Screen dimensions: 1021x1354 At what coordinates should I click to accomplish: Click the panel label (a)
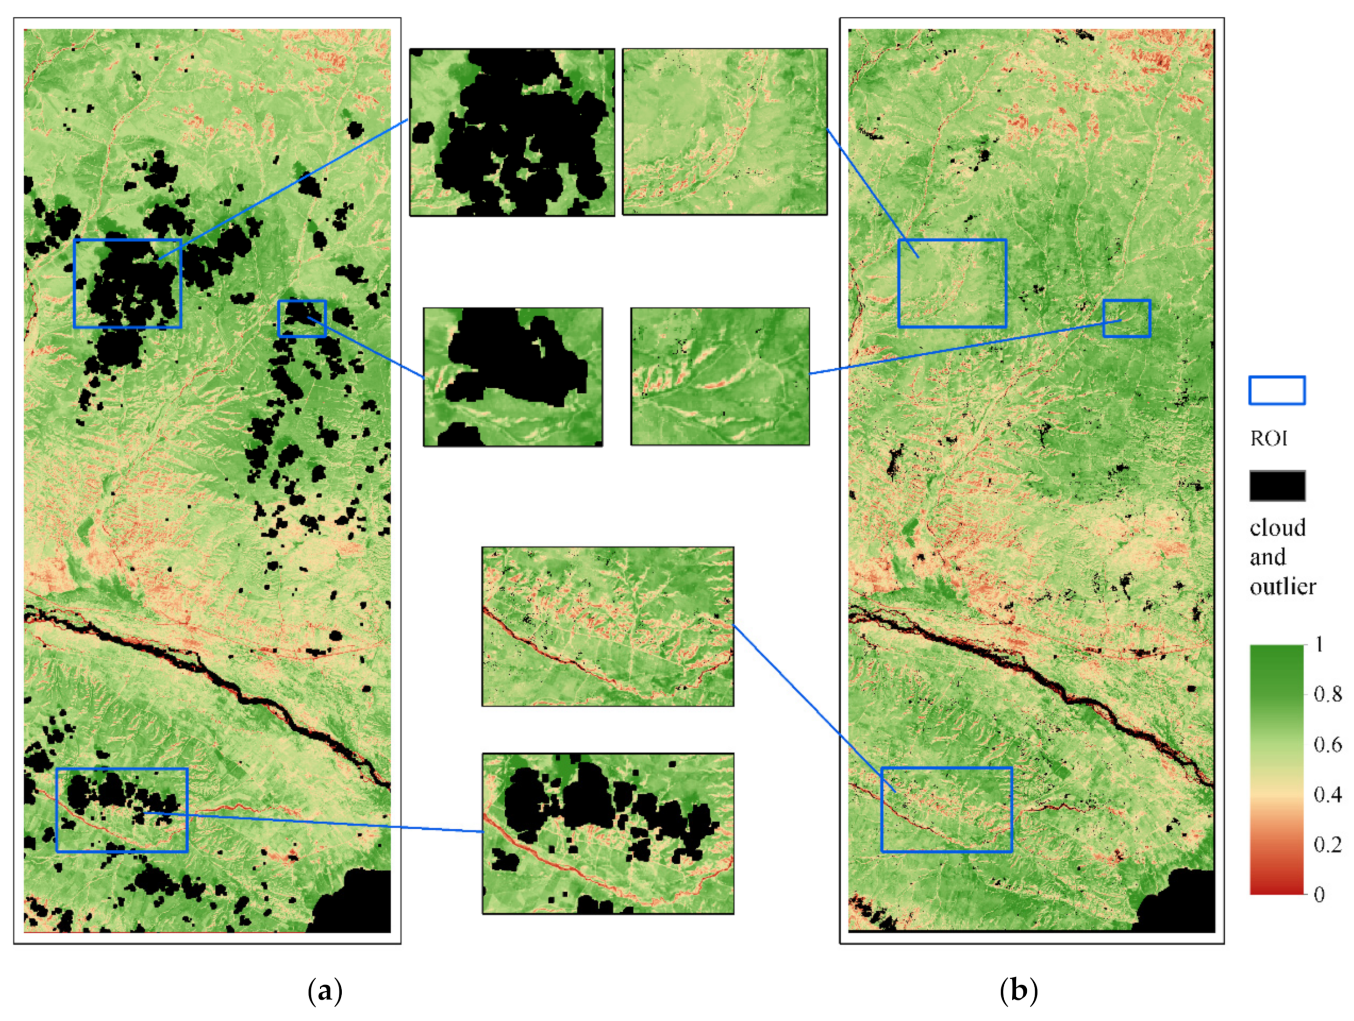point(324,990)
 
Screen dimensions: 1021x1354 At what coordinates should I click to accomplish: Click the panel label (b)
point(1019,990)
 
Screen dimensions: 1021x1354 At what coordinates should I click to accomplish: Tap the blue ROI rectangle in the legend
point(1277,390)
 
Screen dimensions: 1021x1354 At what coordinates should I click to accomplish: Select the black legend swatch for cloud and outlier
point(1277,486)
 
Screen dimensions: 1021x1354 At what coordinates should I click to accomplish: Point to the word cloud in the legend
point(1277,527)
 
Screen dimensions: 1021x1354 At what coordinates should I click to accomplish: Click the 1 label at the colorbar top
point(1320,644)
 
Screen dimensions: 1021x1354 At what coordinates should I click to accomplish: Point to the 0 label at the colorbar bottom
point(1320,895)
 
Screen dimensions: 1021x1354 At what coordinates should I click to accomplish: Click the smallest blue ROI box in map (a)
point(302,318)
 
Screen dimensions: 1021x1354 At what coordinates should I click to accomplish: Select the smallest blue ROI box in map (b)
point(1126,318)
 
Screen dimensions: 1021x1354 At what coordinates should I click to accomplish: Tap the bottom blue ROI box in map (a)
point(122,810)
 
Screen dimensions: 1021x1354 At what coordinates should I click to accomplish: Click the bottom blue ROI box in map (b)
point(946,809)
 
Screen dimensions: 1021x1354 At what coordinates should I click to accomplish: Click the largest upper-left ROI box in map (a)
point(127,283)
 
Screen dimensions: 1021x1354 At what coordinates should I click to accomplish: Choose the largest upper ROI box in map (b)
point(952,283)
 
